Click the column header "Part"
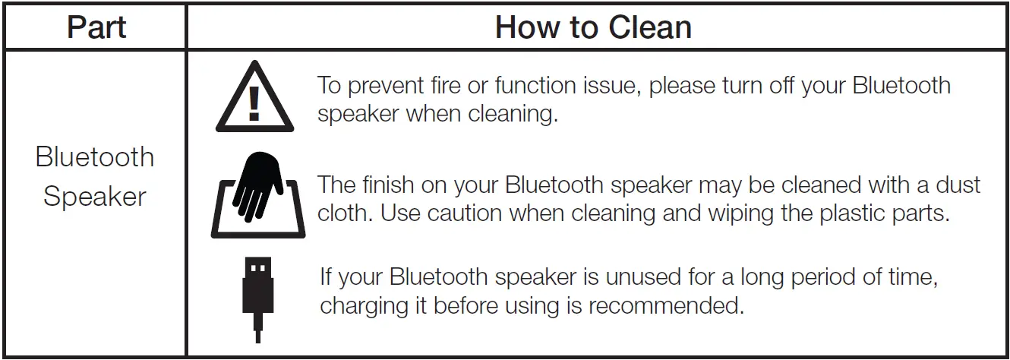click(x=96, y=27)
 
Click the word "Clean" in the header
click(x=650, y=27)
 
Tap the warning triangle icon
click(x=254, y=96)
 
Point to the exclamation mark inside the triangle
click(x=254, y=104)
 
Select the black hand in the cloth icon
click(x=258, y=186)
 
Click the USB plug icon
click(x=258, y=299)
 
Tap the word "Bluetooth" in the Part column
click(x=95, y=157)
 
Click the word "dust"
click(x=958, y=185)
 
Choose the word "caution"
click(x=465, y=213)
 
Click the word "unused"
click(x=643, y=276)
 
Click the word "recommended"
click(x=666, y=305)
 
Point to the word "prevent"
click(x=386, y=86)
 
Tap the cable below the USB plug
click(x=258, y=328)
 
